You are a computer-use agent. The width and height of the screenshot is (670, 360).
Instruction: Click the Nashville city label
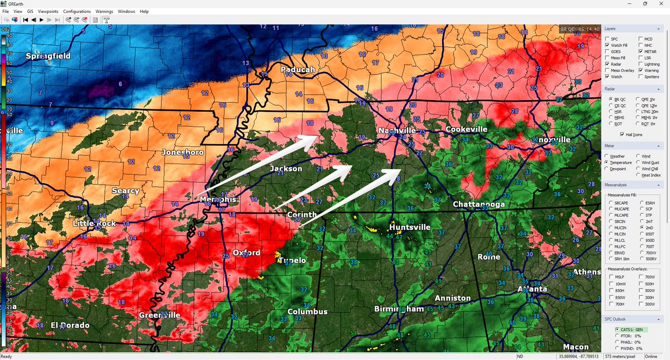click(x=397, y=130)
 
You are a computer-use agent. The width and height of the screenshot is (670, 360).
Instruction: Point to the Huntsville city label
click(x=410, y=227)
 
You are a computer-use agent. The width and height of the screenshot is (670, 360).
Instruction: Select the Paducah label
click(x=298, y=70)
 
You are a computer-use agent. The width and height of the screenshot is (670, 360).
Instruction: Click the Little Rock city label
click(x=94, y=223)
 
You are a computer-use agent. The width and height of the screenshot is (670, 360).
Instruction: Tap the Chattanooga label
click(x=478, y=204)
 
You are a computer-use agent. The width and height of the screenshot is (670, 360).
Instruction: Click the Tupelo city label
click(x=294, y=261)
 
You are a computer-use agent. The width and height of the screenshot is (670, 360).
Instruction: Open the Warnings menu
click(x=104, y=11)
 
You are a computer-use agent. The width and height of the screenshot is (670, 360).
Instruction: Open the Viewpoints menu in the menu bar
click(x=48, y=11)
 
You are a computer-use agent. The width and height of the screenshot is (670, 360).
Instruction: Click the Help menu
click(x=144, y=11)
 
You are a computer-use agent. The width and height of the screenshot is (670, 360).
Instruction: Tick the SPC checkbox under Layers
click(x=607, y=39)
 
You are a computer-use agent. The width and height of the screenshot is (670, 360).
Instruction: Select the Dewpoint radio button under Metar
click(x=607, y=169)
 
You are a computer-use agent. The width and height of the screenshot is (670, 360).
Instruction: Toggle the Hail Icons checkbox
click(x=623, y=134)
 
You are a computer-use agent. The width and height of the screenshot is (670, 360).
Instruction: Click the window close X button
click(x=660, y=4)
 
